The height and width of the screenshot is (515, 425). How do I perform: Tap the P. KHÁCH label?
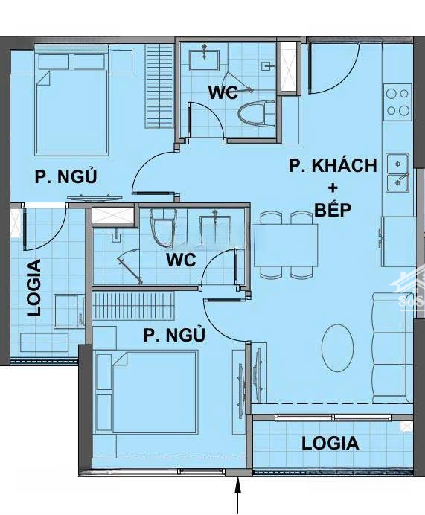click(333, 165)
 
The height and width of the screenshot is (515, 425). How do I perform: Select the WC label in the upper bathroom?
click(223, 92)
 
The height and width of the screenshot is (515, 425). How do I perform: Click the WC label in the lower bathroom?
click(181, 260)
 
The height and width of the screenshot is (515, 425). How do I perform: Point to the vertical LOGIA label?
click(34, 288)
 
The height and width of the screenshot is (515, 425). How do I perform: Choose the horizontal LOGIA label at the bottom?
click(330, 444)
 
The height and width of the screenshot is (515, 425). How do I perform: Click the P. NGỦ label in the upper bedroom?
click(66, 176)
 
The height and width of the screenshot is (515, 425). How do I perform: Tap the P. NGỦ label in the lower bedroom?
click(174, 335)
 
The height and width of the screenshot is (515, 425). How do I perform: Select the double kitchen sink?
click(397, 173)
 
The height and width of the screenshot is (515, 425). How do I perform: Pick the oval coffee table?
click(337, 348)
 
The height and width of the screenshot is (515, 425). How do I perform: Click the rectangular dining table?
click(286, 245)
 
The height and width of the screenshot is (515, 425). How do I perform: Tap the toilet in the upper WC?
click(257, 113)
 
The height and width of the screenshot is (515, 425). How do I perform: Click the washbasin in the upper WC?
click(204, 60)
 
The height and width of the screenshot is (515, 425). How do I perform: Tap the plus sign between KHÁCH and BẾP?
click(333, 188)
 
